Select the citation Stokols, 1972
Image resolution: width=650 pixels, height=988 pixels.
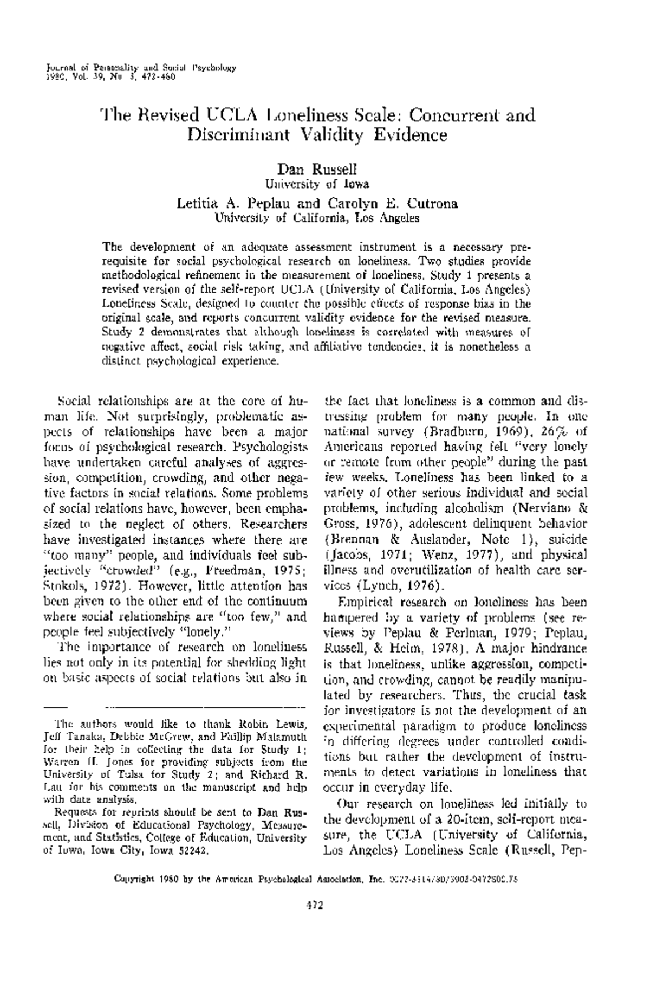click(x=77, y=586)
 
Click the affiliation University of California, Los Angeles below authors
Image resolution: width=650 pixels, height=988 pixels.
click(x=317, y=218)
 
